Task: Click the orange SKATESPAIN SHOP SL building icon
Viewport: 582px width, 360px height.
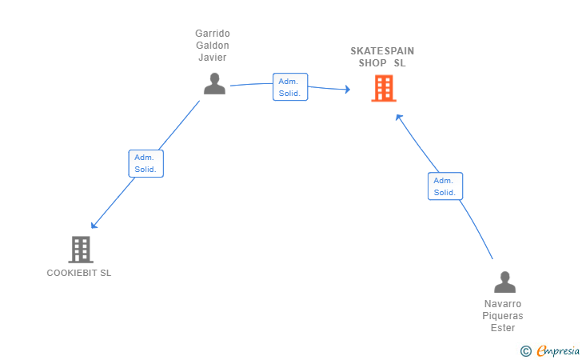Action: (x=384, y=89)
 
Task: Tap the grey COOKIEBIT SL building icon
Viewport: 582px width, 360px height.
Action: (x=81, y=250)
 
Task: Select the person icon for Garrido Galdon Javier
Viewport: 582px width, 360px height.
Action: (x=214, y=83)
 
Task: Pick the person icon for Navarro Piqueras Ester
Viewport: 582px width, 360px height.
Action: (x=504, y=282)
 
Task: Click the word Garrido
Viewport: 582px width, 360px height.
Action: (x=213, y=34)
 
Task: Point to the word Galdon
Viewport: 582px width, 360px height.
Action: (x=213, y=46)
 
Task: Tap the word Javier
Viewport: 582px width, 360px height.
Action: (x=213, y=58)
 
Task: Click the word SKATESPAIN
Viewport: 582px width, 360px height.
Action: (x=382, y=51)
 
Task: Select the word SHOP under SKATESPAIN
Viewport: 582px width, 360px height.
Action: (x=373, y=63)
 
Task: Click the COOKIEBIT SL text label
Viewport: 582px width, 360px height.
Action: (x=79, y=273)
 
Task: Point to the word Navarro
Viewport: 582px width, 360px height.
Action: (x=503, y=304)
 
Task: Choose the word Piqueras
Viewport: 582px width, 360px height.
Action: (x=503, y=316)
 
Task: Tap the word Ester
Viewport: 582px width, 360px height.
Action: (x=503, y=328)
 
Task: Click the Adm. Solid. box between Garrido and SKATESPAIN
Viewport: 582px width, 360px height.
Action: (x=290, y=87)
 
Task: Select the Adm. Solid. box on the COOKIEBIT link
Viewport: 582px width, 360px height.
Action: (x=145, y=163)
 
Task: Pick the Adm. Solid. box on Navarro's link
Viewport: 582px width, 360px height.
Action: (x=445, y=186)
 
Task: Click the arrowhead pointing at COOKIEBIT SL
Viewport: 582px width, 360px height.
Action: (x=94, y=225)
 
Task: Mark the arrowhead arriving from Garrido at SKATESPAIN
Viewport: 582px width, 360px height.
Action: (x=348, y=89)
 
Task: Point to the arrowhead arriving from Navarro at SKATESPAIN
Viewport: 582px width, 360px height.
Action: (x=399, y=118)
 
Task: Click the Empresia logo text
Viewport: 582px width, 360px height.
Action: (x=558, y=350)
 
